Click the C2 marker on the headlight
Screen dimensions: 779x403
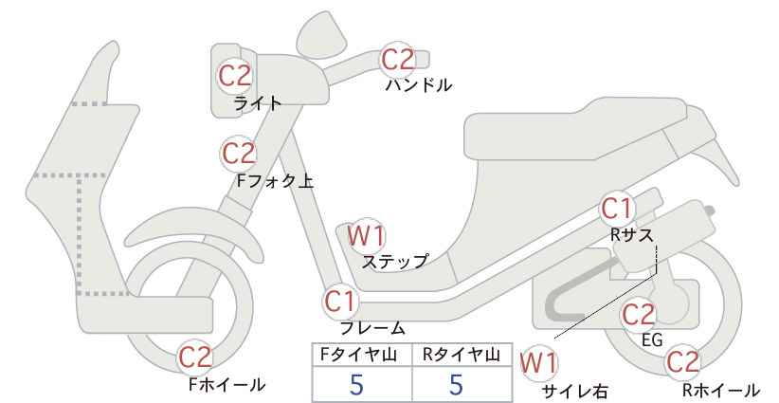pyautogui.click(x=235, y=76)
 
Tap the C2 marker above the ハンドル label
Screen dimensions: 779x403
pyautogui.click(x=397, y=60)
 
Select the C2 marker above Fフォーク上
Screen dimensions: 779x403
pyautogui.click(x=239, y=154)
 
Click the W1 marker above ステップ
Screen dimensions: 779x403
pyautogui.click(x=367, y=235)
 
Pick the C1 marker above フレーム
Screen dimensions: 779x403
pyautogui.click(x=340, y=301)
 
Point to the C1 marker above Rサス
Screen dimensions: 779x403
pyautogui.click(x=617, y=209)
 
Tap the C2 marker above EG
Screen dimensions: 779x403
pyautogui.click(x=639, y=315)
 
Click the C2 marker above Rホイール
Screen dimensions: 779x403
pyautogui.click(x=681, y=362)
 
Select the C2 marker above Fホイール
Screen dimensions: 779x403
pyautogui.click(x=195, y=357)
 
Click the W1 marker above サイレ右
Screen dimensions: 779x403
pyautogui.click(x=538, y=363)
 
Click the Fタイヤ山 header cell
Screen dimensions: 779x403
pyautogui.click(x=362, y=355)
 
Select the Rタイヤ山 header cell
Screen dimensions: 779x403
pyautogui.click(x=462, y=355)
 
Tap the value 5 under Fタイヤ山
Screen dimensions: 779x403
pyautogui.click(x=356, y=384)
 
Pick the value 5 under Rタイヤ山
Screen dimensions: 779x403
pyautogui.click(x=456, y=384)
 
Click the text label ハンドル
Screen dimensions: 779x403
pyautogui.click(x=419, y=85)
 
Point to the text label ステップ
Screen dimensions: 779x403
pyautogui.click(x=394, y=262)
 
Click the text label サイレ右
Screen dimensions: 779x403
pyautogui.click(x=575, y=392)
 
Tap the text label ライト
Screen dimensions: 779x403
pyautogui.click(x=258, y=103)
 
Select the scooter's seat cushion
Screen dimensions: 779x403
pyautogui.click(x=576, y=129)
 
